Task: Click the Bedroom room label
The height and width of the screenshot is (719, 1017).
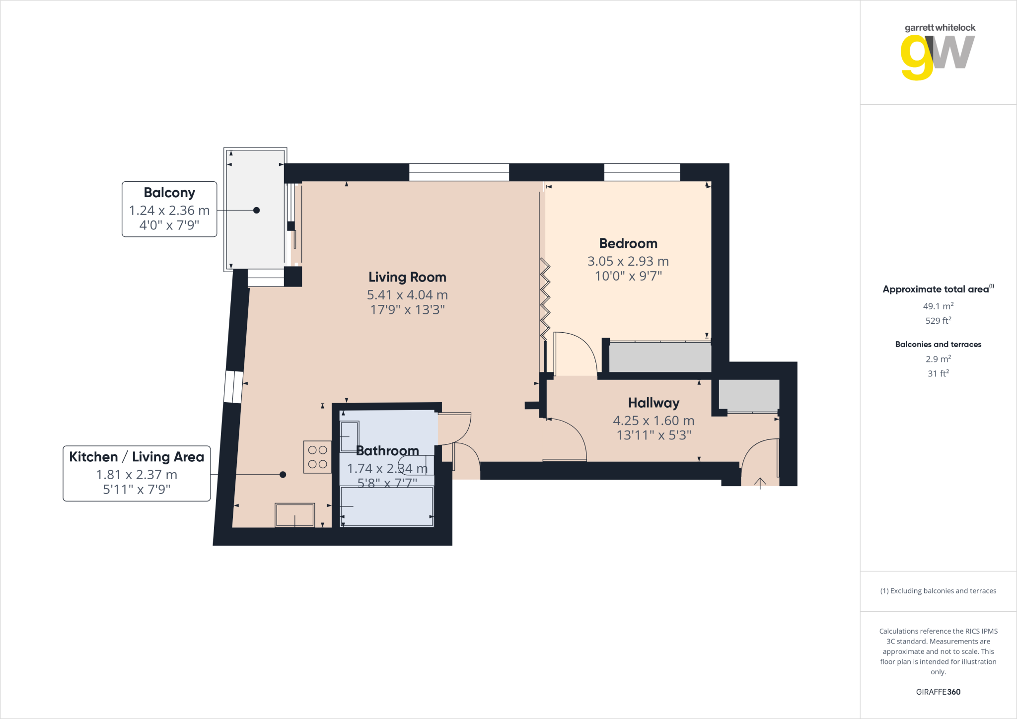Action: pyautogui.click(x=628, y=243)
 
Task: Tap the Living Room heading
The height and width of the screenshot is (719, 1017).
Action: pyautogui.click(x=407, y=277)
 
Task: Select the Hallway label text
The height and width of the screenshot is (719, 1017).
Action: pyautogui.click(x=654, y=403)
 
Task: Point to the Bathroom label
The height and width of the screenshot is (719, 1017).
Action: pyautogui.click(x=387, y=451)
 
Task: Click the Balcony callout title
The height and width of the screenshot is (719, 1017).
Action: pyautogui.click(x=169, y=193)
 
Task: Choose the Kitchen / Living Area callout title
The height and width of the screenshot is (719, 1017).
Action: pyautogui.click(x=137, y=457)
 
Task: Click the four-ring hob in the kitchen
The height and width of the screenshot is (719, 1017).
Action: pyautogui.click(x=317, y=457)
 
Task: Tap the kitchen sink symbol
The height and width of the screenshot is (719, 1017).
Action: pyautogui.click(x=295, y=515)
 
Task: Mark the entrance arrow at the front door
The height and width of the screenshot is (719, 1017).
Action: pyautogui.click(x=760, y=483)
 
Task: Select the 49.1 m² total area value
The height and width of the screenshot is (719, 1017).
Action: pyautogui.click(x=938, y=306)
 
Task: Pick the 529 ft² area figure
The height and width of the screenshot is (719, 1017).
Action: pyautogui.click(x=938, y=320)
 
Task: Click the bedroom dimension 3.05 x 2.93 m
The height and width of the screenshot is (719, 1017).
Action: pyautogui.click(x=628, y=261)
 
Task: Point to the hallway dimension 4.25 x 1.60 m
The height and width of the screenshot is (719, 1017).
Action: pyautogui.click(x=654, y=421)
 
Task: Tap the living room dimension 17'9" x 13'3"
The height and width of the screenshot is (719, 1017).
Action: pyautogui.click(x=407, y=310)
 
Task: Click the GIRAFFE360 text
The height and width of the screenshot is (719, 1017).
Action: pyautogui.click(x=938, y=692)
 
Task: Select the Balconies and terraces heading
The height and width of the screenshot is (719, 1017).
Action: pyautogui.click(x=938, y=344)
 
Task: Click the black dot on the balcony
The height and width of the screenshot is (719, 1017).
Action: pyautogui.click(x=256, y=210)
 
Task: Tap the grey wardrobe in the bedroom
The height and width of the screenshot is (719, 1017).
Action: pyautogui.click(x=660, y=357)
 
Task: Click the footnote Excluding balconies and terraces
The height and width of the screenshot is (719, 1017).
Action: pyautogui.click(x=938, y=591)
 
